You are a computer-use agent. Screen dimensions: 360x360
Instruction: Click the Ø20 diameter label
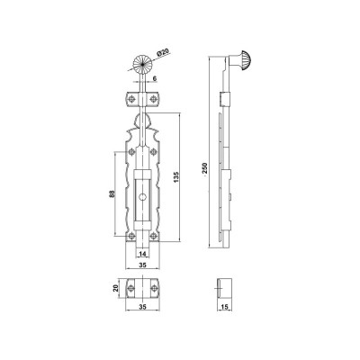162,52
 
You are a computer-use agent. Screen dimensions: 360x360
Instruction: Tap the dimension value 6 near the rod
155,78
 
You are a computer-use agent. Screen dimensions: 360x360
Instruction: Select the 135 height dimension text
176,177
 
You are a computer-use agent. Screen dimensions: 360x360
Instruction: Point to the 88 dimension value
112,194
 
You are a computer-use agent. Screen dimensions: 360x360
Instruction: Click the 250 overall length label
205,168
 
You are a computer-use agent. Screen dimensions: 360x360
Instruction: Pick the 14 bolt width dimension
143,254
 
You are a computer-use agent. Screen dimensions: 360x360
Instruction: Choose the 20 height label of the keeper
115,288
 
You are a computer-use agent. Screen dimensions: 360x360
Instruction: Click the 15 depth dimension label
225,307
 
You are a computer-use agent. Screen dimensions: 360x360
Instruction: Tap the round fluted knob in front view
143,65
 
